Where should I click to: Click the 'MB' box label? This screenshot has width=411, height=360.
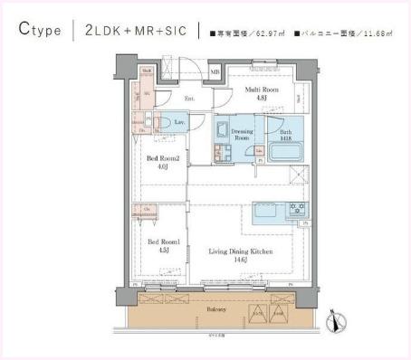[x=215, y=71]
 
